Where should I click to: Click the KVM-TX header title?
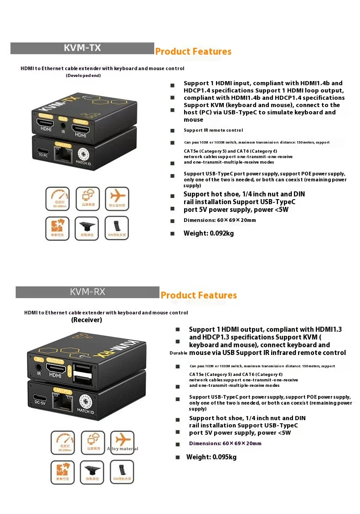[x=82, y=48]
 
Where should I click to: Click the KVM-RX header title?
[x=87, y=292]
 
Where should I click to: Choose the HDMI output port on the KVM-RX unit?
[x=55, y=366]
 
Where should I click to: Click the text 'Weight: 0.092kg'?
[x=208, y=233]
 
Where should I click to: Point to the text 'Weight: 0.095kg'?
[x=211, y=457]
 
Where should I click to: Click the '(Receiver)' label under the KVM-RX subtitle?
[x=87, y=320]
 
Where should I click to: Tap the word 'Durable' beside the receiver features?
[x=178, y=353]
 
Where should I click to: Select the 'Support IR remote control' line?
[x=213, y=130]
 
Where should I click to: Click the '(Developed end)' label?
[x=83, y=75]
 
